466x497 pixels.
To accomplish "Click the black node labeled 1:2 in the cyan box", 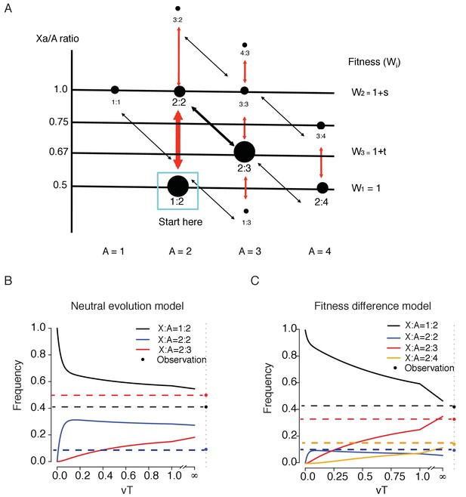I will pyautogui.click(x=177, y=186).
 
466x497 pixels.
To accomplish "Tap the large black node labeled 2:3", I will pyautogui.click(x=244, y=152).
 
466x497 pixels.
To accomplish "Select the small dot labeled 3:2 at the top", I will pyautogui.click(x=177, y=9).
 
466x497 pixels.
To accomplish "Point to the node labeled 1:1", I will pyautogui.click(x=115, y=90).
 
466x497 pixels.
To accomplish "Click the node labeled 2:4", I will pyautogui.click(x=322, y=187).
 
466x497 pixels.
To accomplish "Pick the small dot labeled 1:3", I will pyautogui.click(x=245, y=212).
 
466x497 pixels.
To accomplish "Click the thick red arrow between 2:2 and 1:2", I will pyautogui.click(x=178, y=140).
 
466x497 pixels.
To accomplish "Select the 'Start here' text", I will pyautogui.click(x=177, y=223).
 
